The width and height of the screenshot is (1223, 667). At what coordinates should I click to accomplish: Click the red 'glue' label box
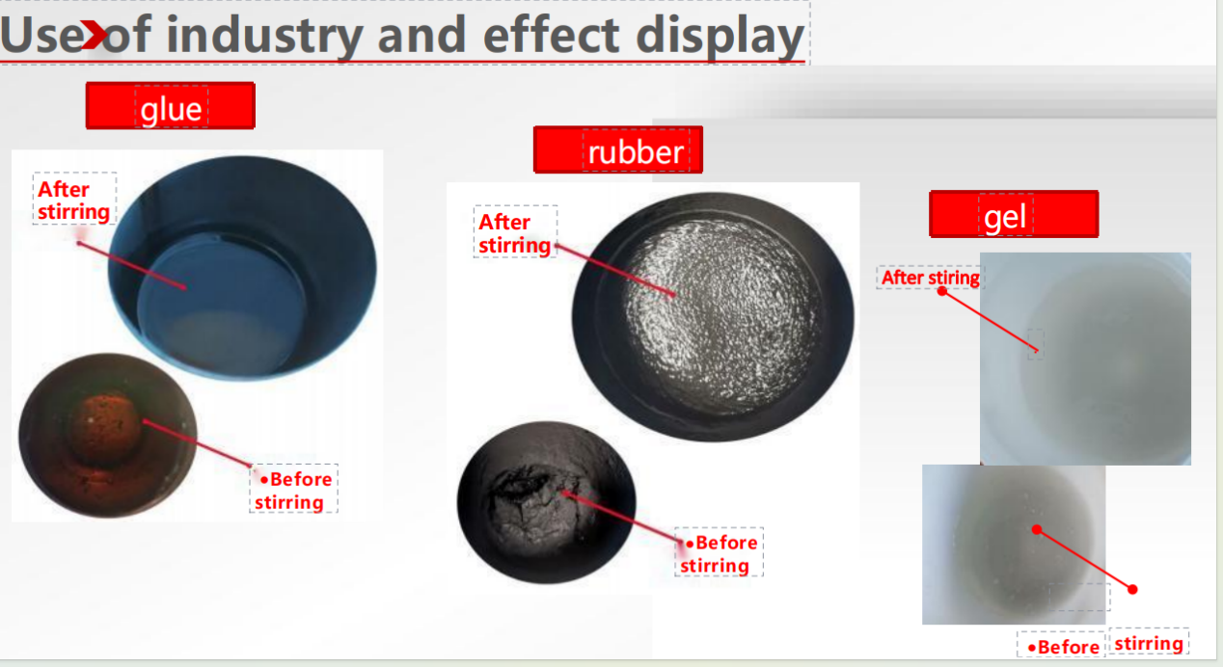pos(171,106)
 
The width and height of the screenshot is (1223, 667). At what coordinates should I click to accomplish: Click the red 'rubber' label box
pos(618,149)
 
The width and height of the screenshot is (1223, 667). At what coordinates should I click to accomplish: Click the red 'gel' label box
pos(1014,214)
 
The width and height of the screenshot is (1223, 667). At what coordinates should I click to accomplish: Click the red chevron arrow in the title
pos(94,35)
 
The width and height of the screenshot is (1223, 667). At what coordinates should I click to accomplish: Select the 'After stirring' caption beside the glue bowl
pos(73,200)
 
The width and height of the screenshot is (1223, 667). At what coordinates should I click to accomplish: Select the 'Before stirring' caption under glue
pos(293,491)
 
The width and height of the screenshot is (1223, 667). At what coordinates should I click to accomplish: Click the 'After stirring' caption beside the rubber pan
pos(514,233)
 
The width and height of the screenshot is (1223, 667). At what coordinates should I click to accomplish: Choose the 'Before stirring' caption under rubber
pos(719,553)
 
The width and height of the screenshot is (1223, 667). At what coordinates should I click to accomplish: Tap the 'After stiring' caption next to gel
pos(931,278)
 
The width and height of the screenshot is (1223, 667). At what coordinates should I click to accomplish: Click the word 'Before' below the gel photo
pos(1063,647)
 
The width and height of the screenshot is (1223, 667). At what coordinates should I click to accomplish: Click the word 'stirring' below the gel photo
pos(1149,644)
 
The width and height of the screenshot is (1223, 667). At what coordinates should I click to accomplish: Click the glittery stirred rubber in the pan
pos(721,314)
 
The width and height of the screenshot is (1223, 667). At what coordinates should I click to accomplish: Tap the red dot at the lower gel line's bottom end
pos(1132,589)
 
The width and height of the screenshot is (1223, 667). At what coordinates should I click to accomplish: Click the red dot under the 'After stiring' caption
pos(941,291)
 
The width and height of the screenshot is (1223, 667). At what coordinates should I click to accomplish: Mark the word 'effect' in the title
pos(552,36)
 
